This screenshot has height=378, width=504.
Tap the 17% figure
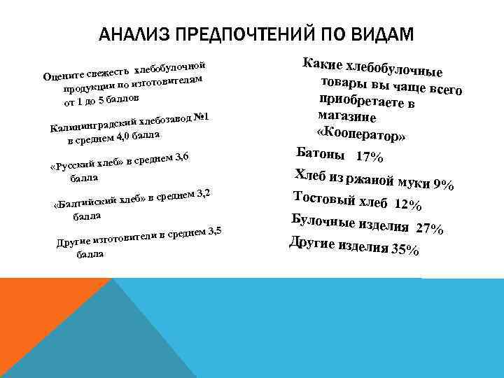[369, 157]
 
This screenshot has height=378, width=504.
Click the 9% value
[443, 186]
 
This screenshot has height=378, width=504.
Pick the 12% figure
[407, 205]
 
